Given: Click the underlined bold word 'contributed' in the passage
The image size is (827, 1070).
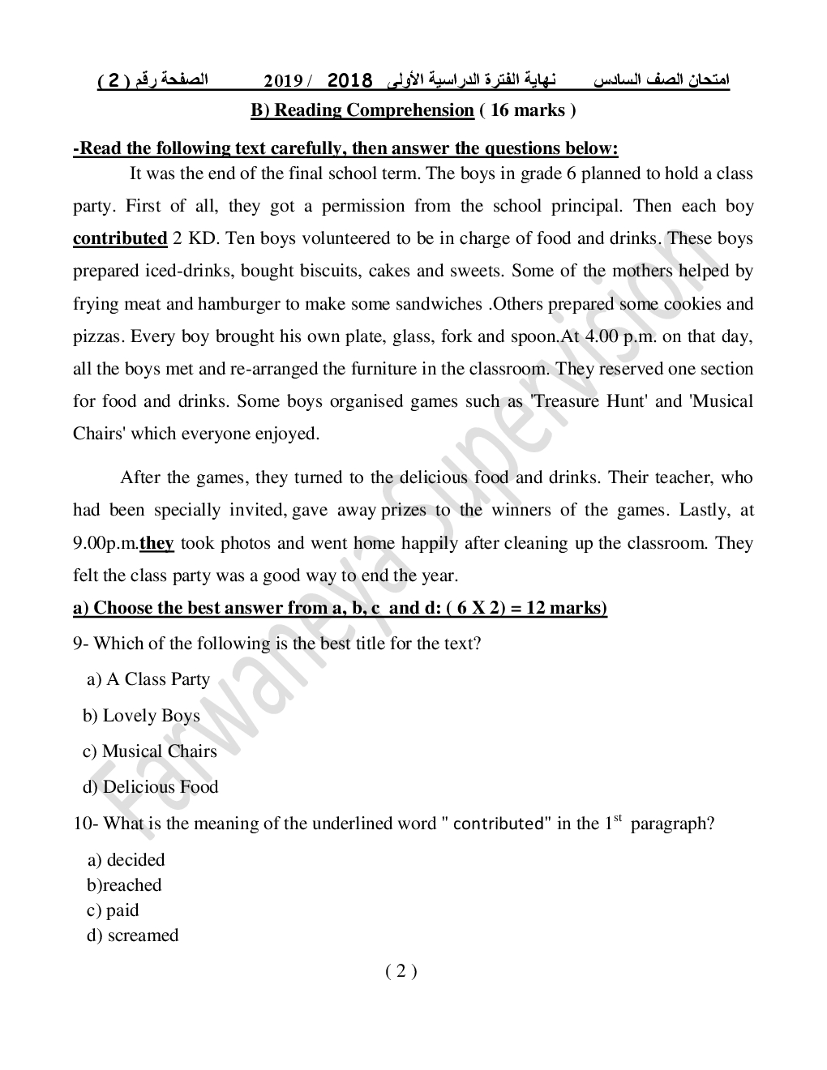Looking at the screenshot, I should tap(119, 238).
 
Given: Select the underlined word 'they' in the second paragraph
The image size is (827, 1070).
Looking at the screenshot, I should tap(156, 543).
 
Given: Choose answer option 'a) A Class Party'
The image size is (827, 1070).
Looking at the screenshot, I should tap(148, 679).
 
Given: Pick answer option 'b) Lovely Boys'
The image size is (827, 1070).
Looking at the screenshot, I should tap(141, 716).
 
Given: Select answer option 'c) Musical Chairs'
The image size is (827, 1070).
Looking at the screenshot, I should tap(150, 751).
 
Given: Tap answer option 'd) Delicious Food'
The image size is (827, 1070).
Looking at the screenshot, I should tap(150, 787).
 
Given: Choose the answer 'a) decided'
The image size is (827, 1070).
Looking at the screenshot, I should tap(126, 860).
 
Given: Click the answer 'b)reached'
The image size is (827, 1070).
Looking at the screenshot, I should tap(124, 885).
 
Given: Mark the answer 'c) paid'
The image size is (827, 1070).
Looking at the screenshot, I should tap(113, 910).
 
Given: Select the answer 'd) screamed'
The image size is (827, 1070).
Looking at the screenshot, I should tap(132, 935).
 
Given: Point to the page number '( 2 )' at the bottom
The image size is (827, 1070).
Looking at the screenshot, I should tap(401, 971).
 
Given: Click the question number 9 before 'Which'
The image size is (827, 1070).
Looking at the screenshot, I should tap(78, 644).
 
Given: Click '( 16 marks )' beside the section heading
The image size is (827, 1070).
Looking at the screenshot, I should tap(528, 110).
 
